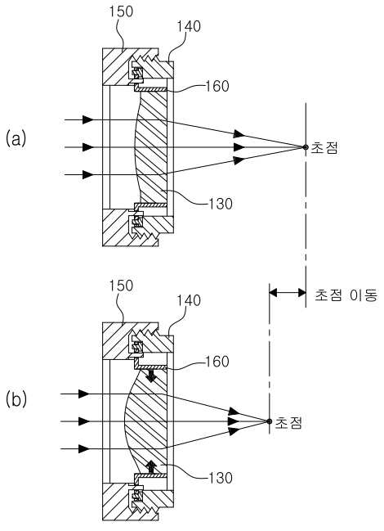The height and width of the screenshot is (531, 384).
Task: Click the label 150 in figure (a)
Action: point(121,11)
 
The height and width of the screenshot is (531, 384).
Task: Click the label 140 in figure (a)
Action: point(189,26)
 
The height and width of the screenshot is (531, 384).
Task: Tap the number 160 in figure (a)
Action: point(217,87)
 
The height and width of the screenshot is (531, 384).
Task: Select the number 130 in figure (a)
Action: point(221,204)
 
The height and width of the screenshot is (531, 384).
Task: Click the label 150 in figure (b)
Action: point(121,286)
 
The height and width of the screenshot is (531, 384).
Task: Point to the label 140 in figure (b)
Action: point(189,300)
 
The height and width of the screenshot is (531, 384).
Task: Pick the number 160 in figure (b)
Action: point(217,362)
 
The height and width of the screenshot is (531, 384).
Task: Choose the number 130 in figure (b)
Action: point(221,478)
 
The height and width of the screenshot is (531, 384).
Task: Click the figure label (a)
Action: point(16,139)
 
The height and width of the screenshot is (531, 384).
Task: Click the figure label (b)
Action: point(16,399)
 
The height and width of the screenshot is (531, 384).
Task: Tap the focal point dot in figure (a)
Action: point(305,147)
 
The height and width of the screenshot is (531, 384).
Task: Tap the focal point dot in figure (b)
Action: point(269,421)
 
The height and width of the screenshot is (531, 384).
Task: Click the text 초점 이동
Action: point(346,295)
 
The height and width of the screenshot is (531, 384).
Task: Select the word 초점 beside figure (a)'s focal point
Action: point(324,148)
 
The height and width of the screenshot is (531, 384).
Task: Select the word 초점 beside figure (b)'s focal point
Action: point(288,423)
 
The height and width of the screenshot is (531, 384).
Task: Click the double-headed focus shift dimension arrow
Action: point(288,292)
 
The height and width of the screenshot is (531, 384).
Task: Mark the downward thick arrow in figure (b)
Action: point(151,376)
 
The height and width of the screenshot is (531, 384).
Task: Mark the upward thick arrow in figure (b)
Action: point(151,466)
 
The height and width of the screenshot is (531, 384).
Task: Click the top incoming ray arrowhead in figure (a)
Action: point(87,119)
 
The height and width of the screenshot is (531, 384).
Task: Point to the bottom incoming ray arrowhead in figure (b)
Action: point(84,449)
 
